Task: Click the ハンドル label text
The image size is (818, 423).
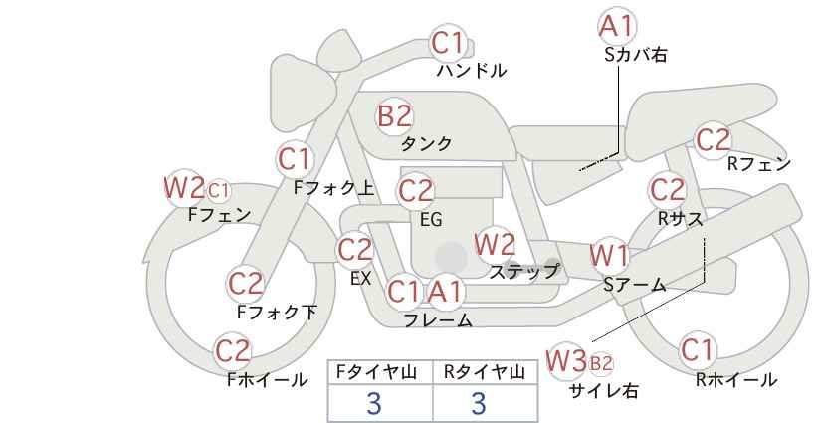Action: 472,70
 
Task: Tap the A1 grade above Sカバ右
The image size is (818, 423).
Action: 617,26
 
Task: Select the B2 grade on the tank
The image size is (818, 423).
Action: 394,115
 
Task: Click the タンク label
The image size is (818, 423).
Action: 426,143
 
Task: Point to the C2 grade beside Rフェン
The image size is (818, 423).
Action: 714,139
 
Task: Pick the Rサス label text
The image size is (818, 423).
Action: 680,219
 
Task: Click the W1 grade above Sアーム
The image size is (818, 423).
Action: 609,256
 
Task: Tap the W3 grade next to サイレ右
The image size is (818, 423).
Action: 566,360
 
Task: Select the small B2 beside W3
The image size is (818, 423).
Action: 600,363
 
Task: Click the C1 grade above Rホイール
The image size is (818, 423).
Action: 697,350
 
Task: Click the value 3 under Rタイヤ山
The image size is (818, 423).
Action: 479,403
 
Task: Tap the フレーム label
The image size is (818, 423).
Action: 438,319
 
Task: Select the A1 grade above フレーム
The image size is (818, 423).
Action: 445,291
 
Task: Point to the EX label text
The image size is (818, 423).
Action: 360,278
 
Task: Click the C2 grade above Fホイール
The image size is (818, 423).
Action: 233,350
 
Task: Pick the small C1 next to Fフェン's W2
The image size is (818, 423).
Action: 219,191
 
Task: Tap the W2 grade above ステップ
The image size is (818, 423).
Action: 495,244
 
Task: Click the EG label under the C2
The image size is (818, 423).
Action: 432,220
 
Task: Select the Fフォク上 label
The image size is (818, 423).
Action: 334,188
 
